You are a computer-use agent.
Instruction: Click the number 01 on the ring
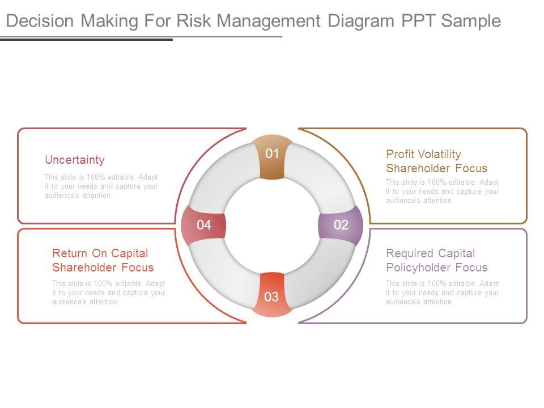click(273, 154)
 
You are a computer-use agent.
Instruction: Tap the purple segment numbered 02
click(341, 225)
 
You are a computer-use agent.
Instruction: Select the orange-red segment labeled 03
click(271, 296)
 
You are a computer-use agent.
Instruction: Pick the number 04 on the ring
click(204, 225)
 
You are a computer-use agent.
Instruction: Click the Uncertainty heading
click(74, 160)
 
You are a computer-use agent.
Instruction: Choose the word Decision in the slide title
click(40, 21)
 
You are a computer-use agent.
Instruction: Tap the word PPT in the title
click(418, 21)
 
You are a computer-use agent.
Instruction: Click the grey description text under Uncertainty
click(101, 186)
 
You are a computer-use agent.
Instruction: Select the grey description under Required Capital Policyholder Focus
click(443, 293)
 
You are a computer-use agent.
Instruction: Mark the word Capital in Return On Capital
click(129, 253)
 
